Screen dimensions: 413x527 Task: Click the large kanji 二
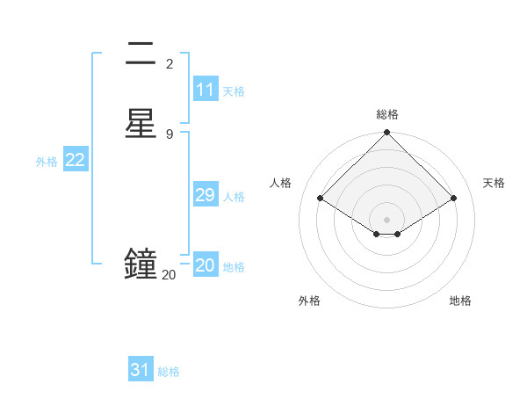(141, 54)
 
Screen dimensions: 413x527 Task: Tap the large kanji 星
(141, 123)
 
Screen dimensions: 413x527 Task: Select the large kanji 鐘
(141, 264)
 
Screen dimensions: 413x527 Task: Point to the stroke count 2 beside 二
(170, 63)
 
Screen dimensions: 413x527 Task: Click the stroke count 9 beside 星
(170, 134)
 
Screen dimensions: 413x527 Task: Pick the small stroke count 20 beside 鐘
(169, 275)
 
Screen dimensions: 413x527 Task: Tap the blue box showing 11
(205, 90)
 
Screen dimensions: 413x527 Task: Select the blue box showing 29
(205, 195)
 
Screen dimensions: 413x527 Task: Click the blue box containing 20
(205, 265)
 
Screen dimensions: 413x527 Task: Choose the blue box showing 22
(76, 160)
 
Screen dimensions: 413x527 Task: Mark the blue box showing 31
(140, 370)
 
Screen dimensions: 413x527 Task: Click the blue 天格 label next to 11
(234, 91)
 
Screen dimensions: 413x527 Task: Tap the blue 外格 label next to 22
(47, 162)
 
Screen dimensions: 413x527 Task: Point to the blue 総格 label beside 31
(169, 372)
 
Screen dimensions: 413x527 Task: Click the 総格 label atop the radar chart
(387, 114)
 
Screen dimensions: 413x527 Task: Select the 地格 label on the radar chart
(460, 301)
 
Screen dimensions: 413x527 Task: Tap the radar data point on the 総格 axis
(387, 134)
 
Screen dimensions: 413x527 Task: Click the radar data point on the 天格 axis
(454, 199)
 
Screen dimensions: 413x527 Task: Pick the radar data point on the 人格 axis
(321, 199)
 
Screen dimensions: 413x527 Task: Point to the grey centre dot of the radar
(387, 219)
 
